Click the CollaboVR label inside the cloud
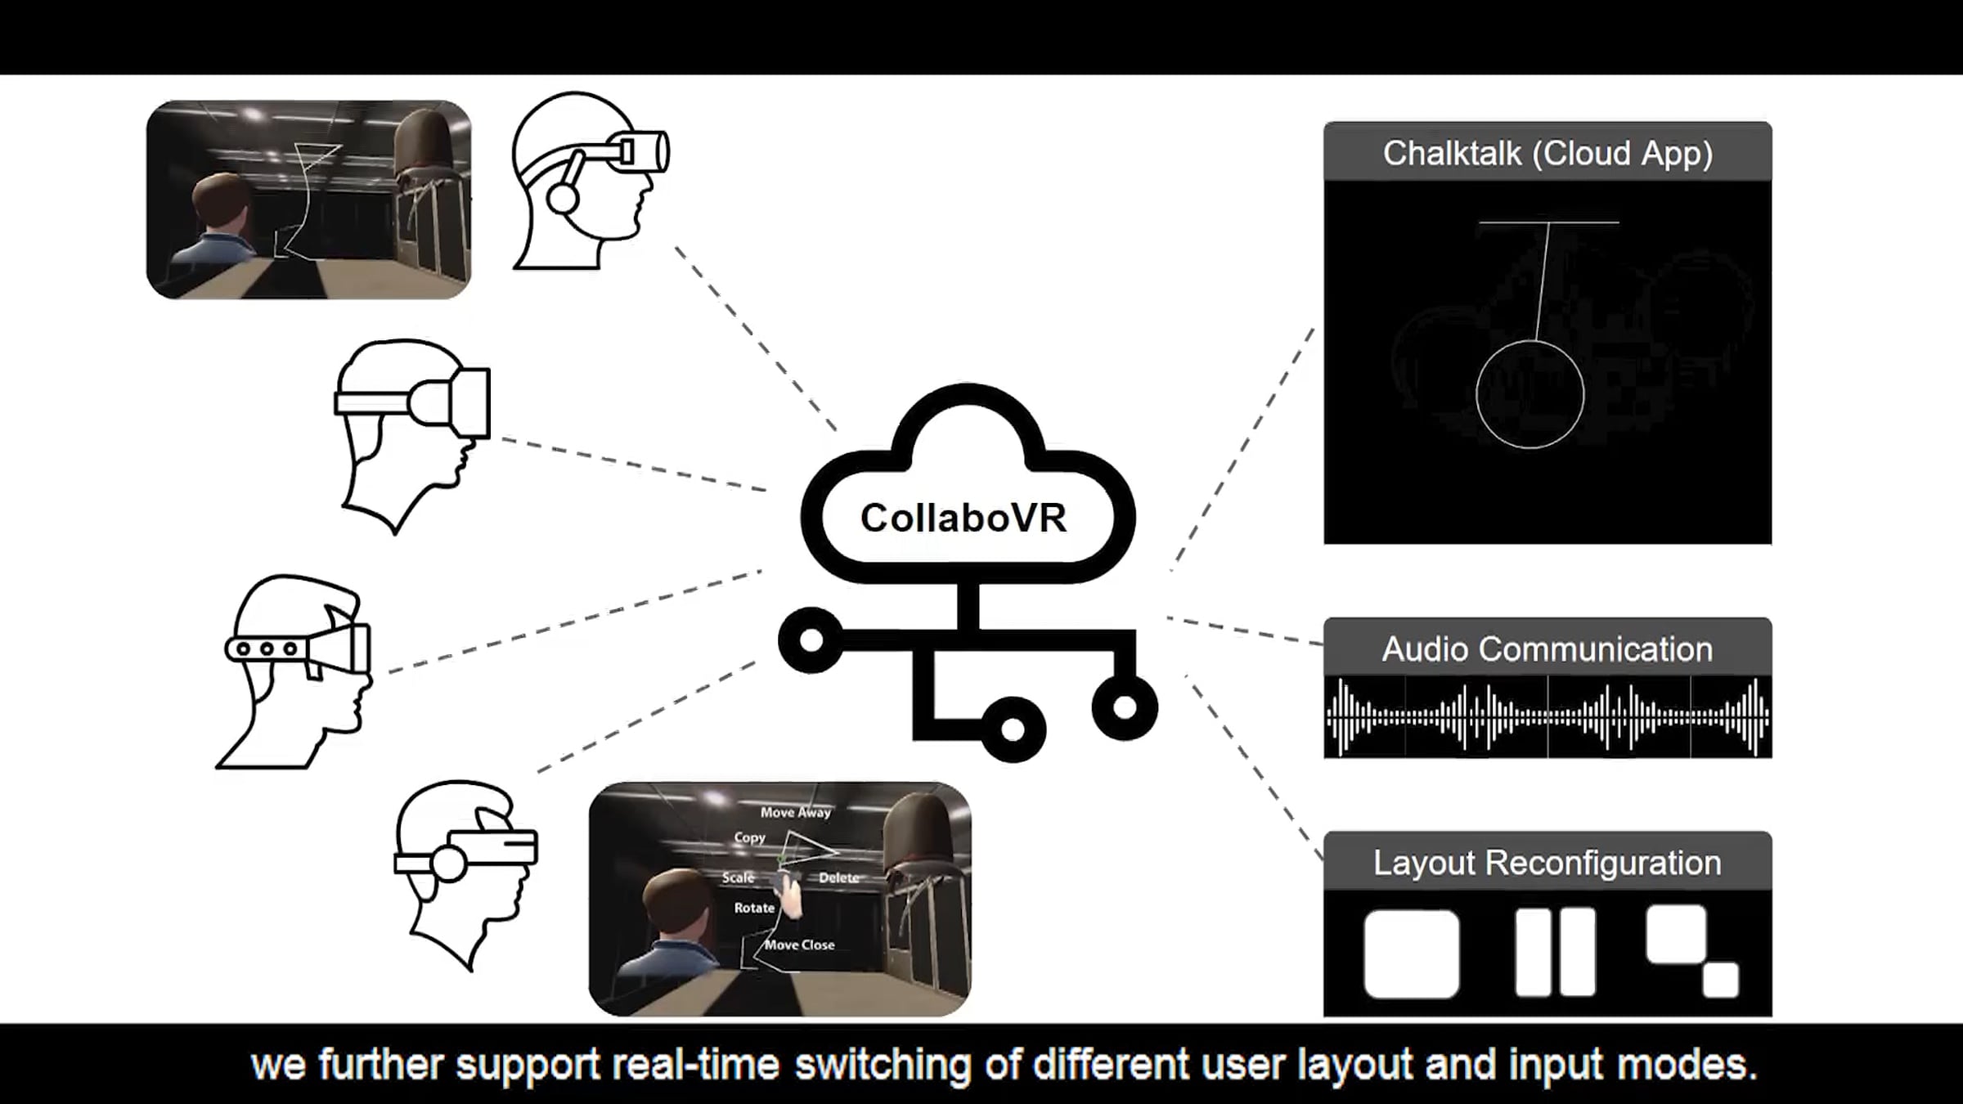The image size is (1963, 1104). (x=964, y=518)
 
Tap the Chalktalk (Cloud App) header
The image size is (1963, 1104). (x=1547, y=152)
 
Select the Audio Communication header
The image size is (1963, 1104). (x=1547, y=648)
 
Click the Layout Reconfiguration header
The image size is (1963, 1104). (x=1547, y=862)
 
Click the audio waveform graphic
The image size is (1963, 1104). (x=1547, y=716)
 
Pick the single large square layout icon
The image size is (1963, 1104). (x=1412, y=954)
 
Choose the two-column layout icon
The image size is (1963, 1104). (x=1555, y=952)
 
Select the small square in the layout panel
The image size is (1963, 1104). (x=1721, y=980)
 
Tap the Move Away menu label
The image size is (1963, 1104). (x=796, y=812)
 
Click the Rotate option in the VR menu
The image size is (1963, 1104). (x=754, y=908)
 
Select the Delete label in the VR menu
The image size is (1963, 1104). (x=839, y=877)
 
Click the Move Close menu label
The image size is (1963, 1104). (x=799, y=945)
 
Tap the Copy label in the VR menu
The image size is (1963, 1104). (x=749, y=837)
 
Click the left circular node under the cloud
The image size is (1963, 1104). (x=811, y=640)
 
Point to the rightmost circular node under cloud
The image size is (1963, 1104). (x=1125, y=707)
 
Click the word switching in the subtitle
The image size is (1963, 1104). (x=883, y=1065)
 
